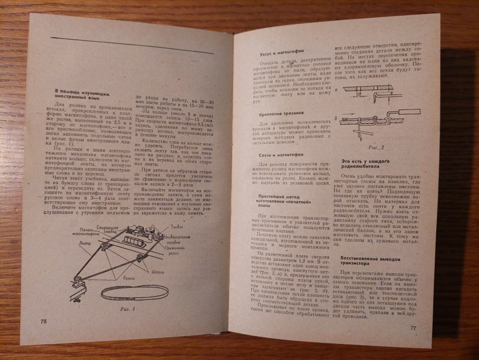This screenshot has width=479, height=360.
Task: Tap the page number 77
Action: pyautogui.click(x=412, y=328)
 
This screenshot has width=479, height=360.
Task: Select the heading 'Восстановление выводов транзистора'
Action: pyautogui.click(x=370, y=260)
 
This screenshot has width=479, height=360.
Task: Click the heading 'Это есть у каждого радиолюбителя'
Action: pyautogui.click(x=366, y=165)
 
